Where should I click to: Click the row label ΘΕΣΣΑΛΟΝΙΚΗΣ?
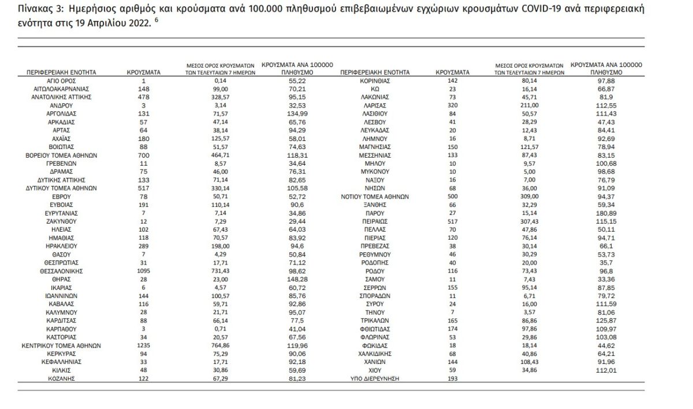[61, 271]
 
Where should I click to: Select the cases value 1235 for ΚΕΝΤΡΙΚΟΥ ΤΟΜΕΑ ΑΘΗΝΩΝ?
[144, 345]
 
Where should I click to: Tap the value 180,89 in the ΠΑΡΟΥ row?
[606, 213]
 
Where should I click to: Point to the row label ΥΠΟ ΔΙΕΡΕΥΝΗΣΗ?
[375, 378]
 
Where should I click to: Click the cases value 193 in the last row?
[453, 378]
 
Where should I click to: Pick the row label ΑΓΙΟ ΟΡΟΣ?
[61, 81]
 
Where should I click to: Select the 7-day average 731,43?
[220, 271]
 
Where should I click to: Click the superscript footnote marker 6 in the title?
[157, 20]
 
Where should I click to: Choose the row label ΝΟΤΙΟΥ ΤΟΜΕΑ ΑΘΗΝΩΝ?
[375, 196]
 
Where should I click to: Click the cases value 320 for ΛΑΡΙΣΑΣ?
[453, 105]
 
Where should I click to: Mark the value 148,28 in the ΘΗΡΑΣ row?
[297, 280]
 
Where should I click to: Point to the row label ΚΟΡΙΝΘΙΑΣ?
[375, 81]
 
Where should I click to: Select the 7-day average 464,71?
[220, 155]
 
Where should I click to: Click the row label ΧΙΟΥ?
[375, 370]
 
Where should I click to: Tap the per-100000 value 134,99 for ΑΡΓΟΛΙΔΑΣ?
[297, 114]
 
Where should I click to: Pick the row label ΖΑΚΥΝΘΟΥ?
[61, 221]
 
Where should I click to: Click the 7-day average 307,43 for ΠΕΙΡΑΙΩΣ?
[530, 221]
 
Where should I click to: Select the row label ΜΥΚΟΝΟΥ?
[375, 172]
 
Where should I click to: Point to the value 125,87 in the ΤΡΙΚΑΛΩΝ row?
[606, 321]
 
